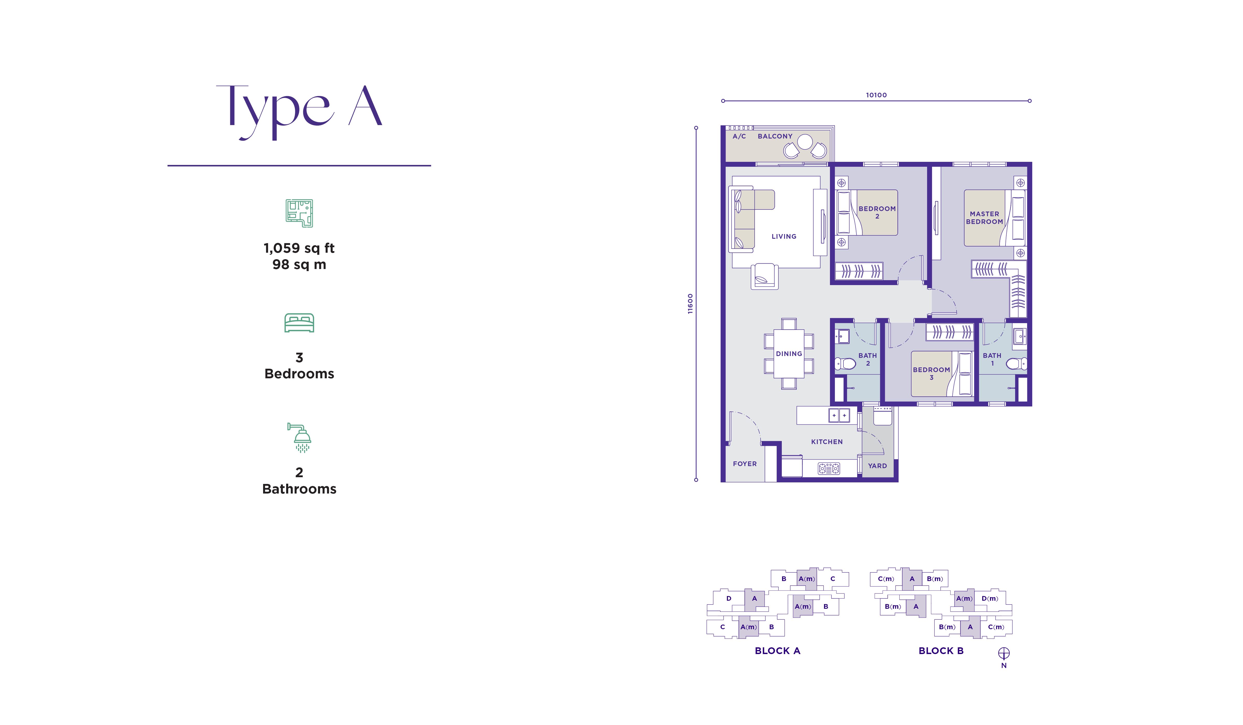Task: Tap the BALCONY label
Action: [x=775, y=136]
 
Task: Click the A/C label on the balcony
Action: [x=739, y=136]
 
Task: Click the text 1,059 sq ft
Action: [x=299, y=248]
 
